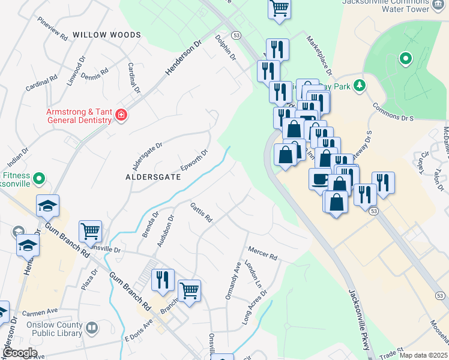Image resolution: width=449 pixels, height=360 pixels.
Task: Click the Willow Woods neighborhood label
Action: coord(107,35)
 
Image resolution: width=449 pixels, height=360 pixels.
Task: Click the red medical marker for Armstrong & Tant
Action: coord(121,115)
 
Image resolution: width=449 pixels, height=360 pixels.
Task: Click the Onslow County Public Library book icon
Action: coord(92,328)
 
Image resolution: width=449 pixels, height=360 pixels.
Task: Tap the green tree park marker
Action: coord(360,86)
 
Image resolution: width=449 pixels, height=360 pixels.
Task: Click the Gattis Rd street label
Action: coord(201,212)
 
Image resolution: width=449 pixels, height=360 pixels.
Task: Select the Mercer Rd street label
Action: coord(262,253)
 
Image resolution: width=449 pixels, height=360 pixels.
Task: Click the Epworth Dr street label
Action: coord(194,161)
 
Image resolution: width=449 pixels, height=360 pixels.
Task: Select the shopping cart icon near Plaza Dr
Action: coord(90,230)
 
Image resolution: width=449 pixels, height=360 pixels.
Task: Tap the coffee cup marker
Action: coord(320,178)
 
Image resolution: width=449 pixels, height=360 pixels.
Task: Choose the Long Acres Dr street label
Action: coord(254,309)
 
